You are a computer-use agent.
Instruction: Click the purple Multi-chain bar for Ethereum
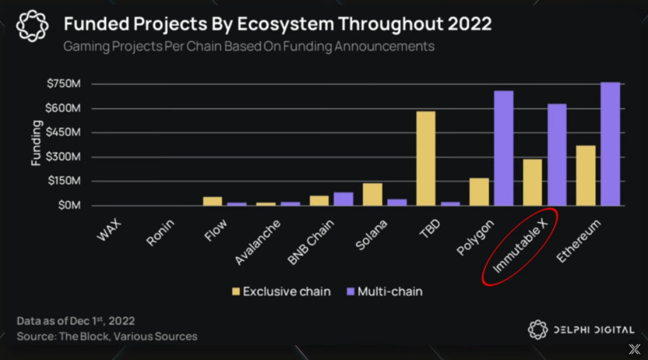(x=610, y=144)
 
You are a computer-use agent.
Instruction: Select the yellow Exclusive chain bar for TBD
(x=425, y=158)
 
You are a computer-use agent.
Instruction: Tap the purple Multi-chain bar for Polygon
(x=503, y=148)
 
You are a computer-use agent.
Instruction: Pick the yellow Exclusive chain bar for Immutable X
(x=532, y=182)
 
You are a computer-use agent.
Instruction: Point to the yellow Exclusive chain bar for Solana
(x=373, y=194)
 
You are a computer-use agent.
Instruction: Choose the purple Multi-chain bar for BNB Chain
(x=343, y=199)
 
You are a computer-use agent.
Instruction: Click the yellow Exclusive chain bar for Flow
(x=212, y=201)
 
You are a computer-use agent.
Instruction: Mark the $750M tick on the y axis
(x=64, y=84)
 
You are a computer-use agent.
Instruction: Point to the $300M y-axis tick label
(x=64, y=157)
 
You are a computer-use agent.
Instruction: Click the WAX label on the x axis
(x=110, y=231)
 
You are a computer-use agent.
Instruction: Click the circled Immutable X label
(x=520, y=247)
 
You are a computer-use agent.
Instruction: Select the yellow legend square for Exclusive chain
(x=236, y=292)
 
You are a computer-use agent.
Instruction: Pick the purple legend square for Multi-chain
(x=350, y=292)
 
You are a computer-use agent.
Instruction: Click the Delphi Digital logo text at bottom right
(x=594, y=329)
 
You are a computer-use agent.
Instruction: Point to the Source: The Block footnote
(x=107, y=336)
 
